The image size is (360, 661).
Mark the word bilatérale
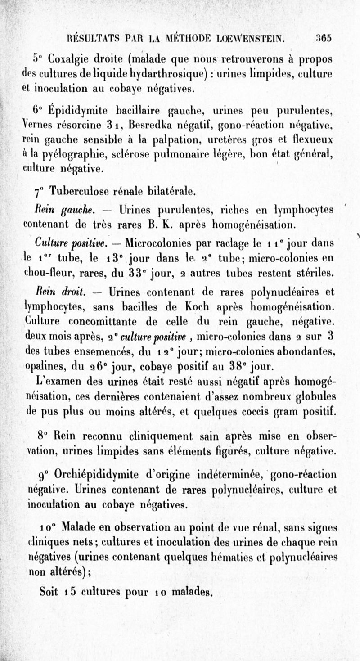(171, 192)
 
